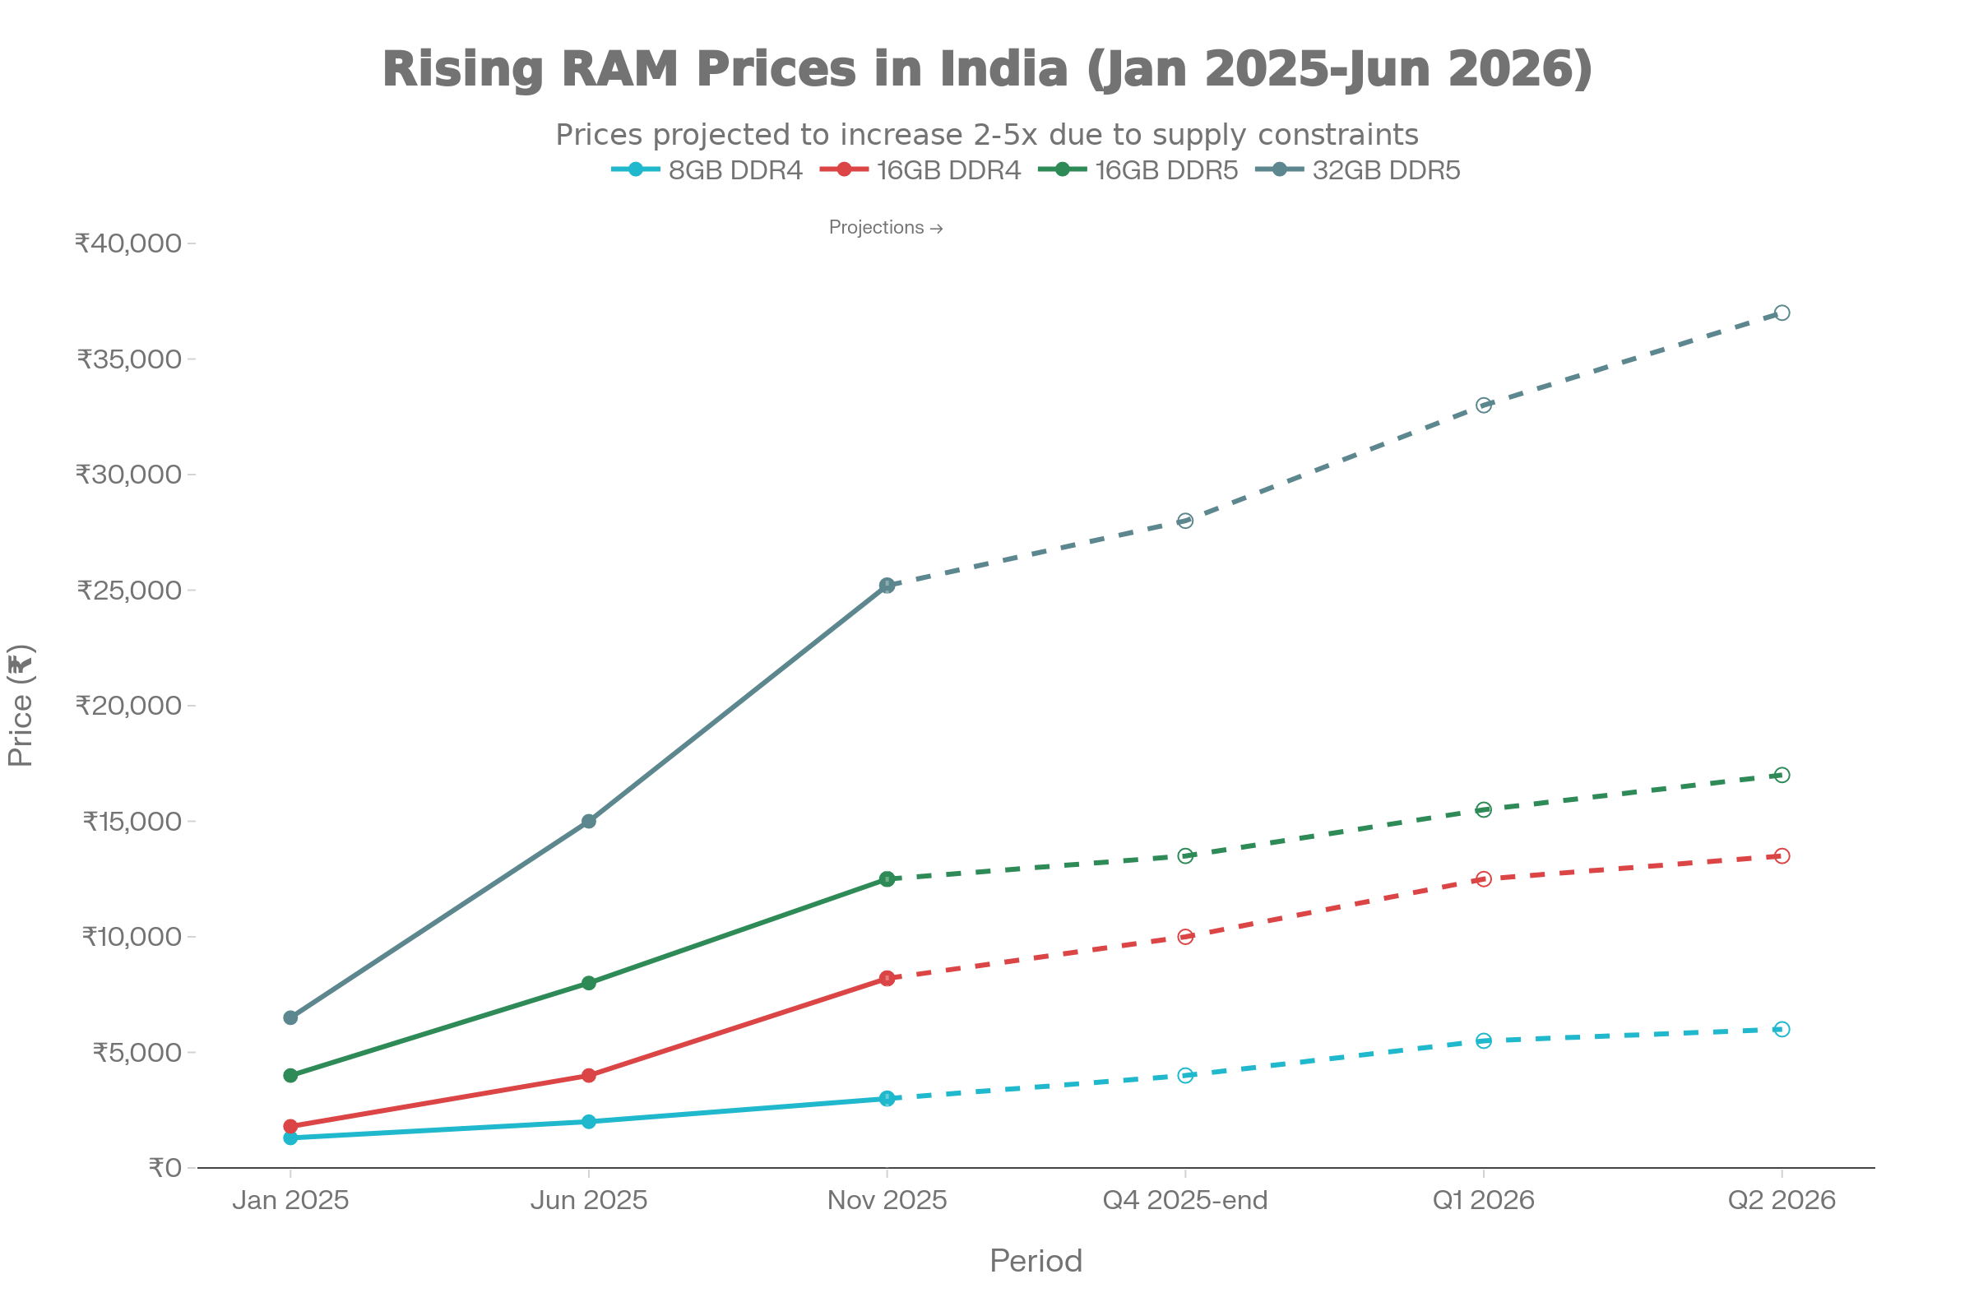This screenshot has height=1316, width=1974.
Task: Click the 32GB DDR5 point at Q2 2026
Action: [1782, 313]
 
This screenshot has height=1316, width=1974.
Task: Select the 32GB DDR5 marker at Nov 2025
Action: [887, 585]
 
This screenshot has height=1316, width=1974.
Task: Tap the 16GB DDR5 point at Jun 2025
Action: [588, 983]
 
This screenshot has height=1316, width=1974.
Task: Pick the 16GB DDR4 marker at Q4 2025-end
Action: [1185, 937]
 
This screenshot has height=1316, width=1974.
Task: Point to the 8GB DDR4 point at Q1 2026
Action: [1484, 1040]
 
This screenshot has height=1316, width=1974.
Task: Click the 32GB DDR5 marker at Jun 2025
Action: [588, 821]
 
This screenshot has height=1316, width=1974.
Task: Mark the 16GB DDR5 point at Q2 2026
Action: [1782, 776]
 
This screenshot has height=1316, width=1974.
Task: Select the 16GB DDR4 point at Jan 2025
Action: [290, 1126]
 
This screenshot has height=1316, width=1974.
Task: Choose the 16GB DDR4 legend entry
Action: [920, 170]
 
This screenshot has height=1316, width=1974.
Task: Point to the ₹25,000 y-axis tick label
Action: [129, 590]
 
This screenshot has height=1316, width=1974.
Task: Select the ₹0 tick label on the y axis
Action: [165, 1168]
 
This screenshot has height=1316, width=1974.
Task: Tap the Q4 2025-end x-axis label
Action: [1185, 1200]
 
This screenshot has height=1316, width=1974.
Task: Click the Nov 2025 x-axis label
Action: [887, 1200]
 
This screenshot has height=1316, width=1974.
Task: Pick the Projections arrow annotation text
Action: [886, 228]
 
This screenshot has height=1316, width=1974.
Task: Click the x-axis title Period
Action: [1036, 1261]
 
